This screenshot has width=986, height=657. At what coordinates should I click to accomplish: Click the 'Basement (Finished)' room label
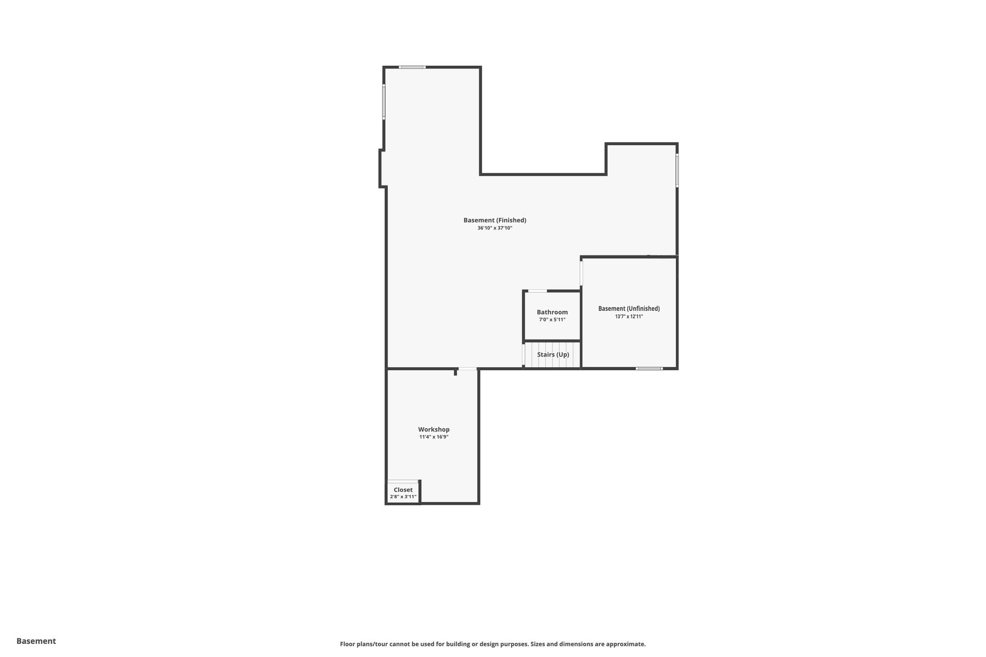coord(495,220)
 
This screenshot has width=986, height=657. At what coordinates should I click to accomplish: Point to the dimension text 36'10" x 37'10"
coord(495,228)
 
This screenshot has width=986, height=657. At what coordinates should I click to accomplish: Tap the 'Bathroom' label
coord(552,312)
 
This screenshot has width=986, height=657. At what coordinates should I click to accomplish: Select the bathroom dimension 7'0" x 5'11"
coord(552,320)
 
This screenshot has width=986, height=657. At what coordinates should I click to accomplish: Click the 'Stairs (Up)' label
coord(553,355)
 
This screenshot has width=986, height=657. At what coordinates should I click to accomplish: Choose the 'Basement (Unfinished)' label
coord(629,309)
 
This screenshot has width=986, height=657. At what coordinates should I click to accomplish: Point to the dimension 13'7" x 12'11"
coord(629,316)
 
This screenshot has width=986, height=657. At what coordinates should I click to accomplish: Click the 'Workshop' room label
coord(434,430)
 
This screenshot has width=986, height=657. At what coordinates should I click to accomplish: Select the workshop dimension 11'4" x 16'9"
coord(434,437)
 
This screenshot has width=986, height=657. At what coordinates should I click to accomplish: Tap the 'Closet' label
coord(403,490)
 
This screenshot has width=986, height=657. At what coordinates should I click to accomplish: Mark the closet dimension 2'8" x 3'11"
coord(403,497)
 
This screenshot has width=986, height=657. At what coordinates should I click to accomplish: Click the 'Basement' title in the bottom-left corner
coord(36,641)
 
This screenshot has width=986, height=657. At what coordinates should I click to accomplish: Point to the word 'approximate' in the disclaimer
coord(629,644)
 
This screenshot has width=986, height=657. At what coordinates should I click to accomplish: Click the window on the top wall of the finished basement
coord(412,67)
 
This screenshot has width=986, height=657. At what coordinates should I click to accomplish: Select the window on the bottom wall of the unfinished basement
coord(649,368)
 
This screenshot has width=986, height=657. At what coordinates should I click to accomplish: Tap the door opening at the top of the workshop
coord(467,369)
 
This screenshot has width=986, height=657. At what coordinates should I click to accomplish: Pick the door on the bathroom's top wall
coord(537,291)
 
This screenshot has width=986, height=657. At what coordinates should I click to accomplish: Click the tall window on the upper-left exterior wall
coord(384,101)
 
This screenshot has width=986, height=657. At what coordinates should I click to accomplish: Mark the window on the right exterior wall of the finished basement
coord(677,171)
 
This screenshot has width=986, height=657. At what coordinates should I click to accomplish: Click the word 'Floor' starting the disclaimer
coord(348,644)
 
